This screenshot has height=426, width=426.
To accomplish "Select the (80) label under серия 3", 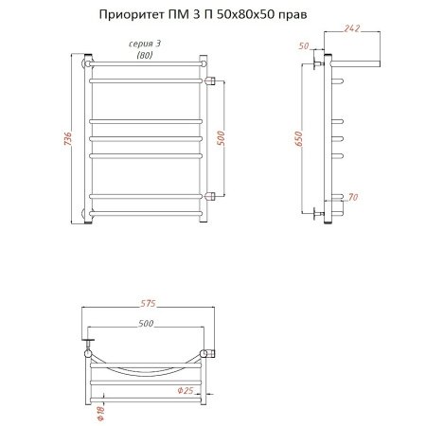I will [144, 56].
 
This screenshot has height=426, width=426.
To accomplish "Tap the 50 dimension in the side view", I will [305, 45].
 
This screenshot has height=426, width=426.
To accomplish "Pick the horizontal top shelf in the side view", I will [354, 63].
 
